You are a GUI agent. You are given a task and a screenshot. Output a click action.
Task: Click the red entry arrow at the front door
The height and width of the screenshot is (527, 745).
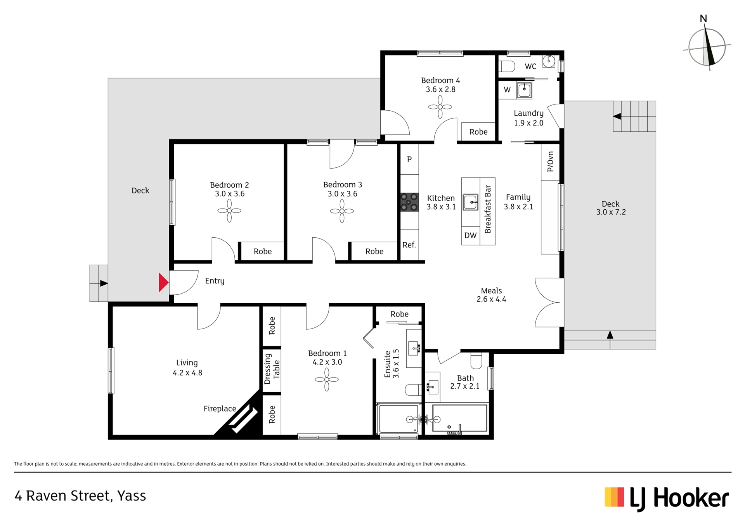point(163,282)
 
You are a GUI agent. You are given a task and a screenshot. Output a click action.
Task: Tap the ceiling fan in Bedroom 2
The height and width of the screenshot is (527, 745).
point(229,211)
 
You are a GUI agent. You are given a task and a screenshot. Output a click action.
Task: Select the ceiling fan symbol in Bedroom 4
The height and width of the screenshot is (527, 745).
point(440,106)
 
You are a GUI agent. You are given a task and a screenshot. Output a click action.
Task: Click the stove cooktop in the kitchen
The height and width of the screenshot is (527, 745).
point(409,202)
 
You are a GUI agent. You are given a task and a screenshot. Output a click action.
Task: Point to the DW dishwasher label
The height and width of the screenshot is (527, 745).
point(470,235)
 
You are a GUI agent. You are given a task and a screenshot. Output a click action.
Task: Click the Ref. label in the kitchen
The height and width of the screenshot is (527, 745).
point(409,245)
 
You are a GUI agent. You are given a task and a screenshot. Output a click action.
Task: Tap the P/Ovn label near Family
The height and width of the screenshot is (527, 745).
point(550,162)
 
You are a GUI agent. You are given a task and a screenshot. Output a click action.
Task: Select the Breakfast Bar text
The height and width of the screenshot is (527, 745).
point(488,209)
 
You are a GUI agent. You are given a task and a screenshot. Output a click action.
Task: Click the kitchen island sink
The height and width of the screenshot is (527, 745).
point(471,202)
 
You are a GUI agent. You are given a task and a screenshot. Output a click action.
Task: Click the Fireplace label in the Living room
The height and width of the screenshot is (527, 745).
point(220,409)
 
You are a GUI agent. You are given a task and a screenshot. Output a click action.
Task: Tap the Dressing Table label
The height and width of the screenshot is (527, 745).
point(272,369)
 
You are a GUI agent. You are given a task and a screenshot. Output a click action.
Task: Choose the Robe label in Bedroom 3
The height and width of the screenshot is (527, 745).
point(374,252)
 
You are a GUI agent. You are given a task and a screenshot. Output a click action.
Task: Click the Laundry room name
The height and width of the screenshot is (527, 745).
point(528,113)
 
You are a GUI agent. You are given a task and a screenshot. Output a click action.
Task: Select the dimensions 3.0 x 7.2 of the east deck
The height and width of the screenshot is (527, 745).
point(611,212)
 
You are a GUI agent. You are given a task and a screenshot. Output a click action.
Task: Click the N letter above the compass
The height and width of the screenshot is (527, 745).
point(703,19)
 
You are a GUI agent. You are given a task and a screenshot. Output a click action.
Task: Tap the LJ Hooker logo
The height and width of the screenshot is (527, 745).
point(667,498)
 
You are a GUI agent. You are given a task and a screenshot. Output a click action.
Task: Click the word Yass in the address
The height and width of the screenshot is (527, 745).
point(132,496)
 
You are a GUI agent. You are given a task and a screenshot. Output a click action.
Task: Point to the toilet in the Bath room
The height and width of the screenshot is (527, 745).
point(476,360)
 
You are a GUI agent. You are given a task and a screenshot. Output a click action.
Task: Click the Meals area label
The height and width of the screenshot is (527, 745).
point(491,291)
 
